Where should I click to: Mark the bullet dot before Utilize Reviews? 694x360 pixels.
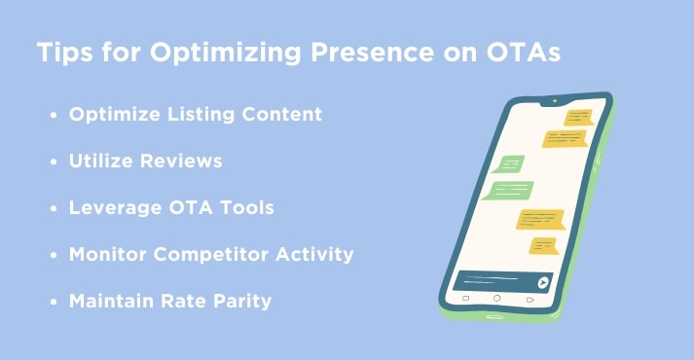(x=54, y=162)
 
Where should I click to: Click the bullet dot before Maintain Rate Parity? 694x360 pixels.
(x=54, y=302)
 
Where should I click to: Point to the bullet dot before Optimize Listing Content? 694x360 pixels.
(x=54, y=115)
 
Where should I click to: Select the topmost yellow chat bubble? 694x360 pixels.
(x=579, y=118)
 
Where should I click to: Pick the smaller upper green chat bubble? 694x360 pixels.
(x=510, y=164)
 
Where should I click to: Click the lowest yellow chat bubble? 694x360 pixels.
(x=542, y=244)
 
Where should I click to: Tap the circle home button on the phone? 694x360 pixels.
(x=496, y=298)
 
